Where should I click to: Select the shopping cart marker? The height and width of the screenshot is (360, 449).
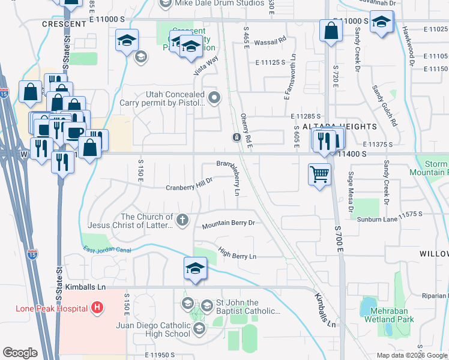pos(319,175)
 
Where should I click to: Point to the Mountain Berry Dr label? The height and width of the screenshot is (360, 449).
pos(228,224)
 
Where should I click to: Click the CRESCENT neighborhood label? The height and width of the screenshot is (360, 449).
pos(64,24)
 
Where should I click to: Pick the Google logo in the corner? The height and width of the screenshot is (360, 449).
pos(20,353)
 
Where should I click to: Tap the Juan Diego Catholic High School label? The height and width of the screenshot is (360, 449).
pos(160,329)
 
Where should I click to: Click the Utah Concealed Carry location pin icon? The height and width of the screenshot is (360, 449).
pos(214,97)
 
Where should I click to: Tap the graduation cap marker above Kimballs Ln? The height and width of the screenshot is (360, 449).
pos(196,269)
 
